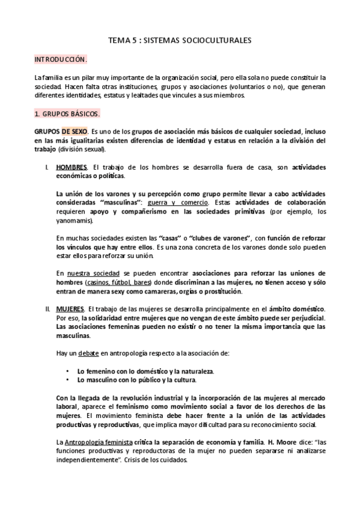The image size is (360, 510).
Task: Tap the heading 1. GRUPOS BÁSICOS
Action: tap(67, 113)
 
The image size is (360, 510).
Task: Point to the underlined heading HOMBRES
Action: tap(71, 167)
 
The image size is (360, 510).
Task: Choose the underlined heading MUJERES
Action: tap(69, 309)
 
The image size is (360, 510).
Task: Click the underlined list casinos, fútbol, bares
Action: tap(120, 283)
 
